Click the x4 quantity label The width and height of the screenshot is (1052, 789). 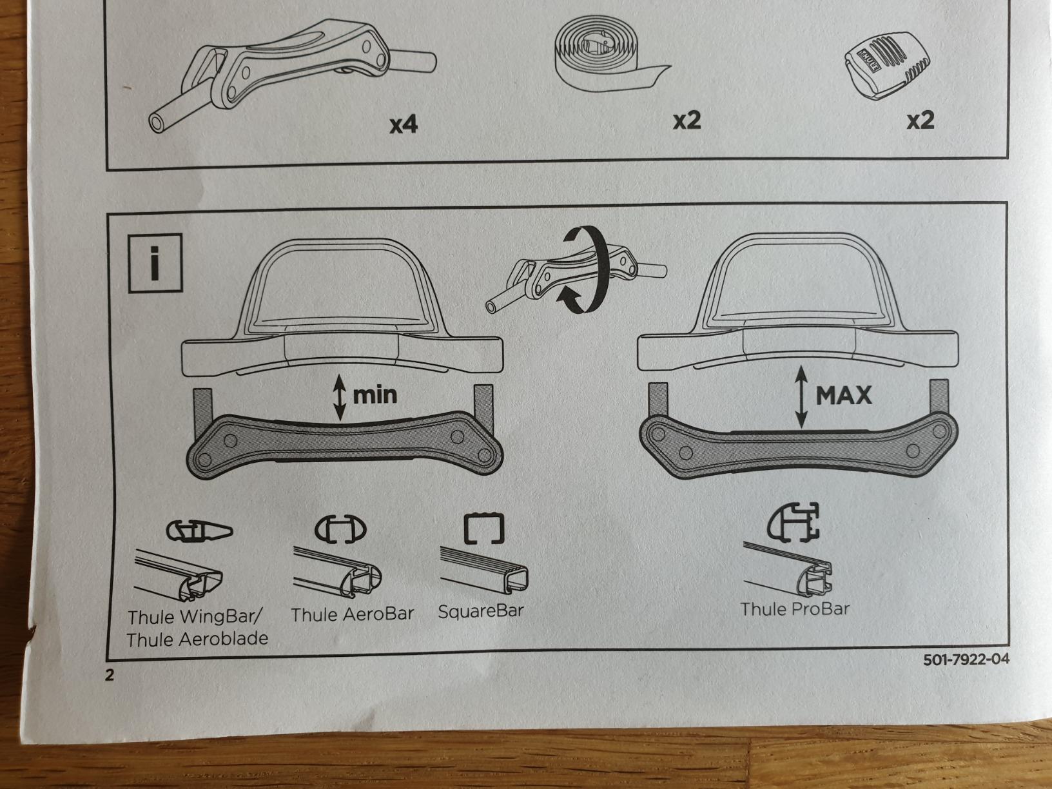pyautogui.click(x=404, y=124)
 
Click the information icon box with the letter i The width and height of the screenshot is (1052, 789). pyautogui.click(x=155, y=262)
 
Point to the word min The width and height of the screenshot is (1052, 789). pyautogui.click(x=375, y=394)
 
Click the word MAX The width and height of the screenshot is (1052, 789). pyautogui.click(x=844, y=395)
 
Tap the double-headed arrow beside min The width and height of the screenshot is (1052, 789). pyautogui.click(x=339, y=397)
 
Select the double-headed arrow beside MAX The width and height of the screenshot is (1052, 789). pyautogui.click(x=801, y=397)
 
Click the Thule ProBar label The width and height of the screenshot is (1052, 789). pyautogui.click(x=795, y=609)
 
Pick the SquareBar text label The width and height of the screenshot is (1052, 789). pyautogui.click(x=481, y=610)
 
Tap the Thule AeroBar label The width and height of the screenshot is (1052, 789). pyautogui.click(x=352, y=614)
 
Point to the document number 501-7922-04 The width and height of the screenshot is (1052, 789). pyautogui.click(x=966, y=659)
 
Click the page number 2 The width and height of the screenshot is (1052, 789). pyautogui.click(x=110, y=675)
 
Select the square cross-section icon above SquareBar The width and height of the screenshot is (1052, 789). pyautogui.click(x=483, y=529)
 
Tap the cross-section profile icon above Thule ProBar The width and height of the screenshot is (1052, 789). pyautogui.click(x=793, y=523)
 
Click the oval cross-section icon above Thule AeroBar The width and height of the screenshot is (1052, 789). pyautogui.click(x=340, y=529)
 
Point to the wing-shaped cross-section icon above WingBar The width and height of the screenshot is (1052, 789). pyautogui.click(x=199, y=531)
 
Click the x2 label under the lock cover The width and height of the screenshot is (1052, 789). pyautogui.click(x=921, y=121)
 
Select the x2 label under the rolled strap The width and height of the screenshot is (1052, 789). pyautogui.click(x=687, y=121)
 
